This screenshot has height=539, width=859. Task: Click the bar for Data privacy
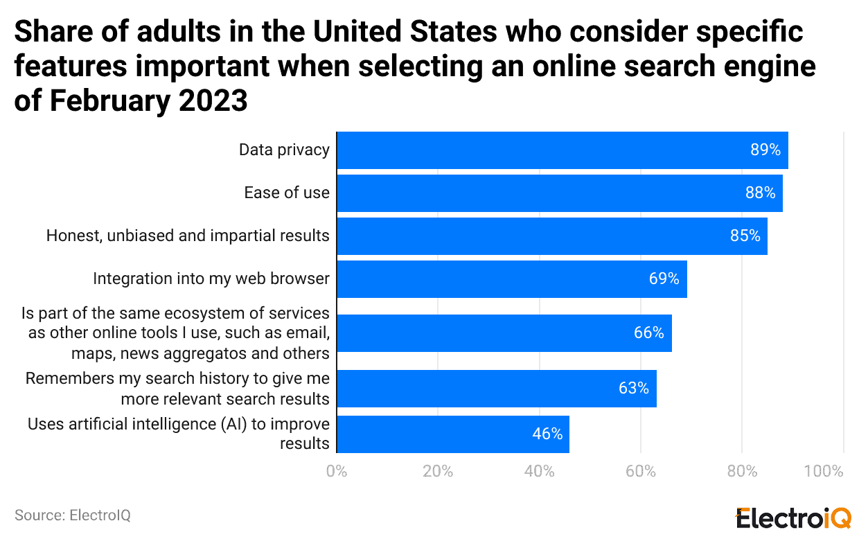(x=562, y=150)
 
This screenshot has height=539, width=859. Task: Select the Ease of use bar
(x=559, y=193)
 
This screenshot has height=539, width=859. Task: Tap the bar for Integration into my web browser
(x=511, y=279)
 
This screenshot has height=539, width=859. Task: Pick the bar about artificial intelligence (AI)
(x=452, y=434)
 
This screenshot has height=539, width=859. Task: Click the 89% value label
(x=765, y=150)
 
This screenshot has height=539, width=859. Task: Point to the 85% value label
(x=745, y=236)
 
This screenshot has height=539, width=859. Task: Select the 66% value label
(x=648, y=333)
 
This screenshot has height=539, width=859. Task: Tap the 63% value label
(x=633, y=389)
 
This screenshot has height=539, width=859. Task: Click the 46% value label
(x=547, y=434)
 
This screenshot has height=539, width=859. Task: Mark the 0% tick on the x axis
(x=337, y=472)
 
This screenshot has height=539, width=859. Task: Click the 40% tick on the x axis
(x=539, y=472)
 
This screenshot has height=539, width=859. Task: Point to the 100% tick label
(x=824, y=472)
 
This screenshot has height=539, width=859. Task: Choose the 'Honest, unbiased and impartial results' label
(x=188, y=236)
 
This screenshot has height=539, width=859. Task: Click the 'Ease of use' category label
(x=287, y=193)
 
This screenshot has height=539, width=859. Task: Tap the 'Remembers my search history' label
(x=177, y=379)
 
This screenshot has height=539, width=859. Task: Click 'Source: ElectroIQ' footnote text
(x=73, y=515)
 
